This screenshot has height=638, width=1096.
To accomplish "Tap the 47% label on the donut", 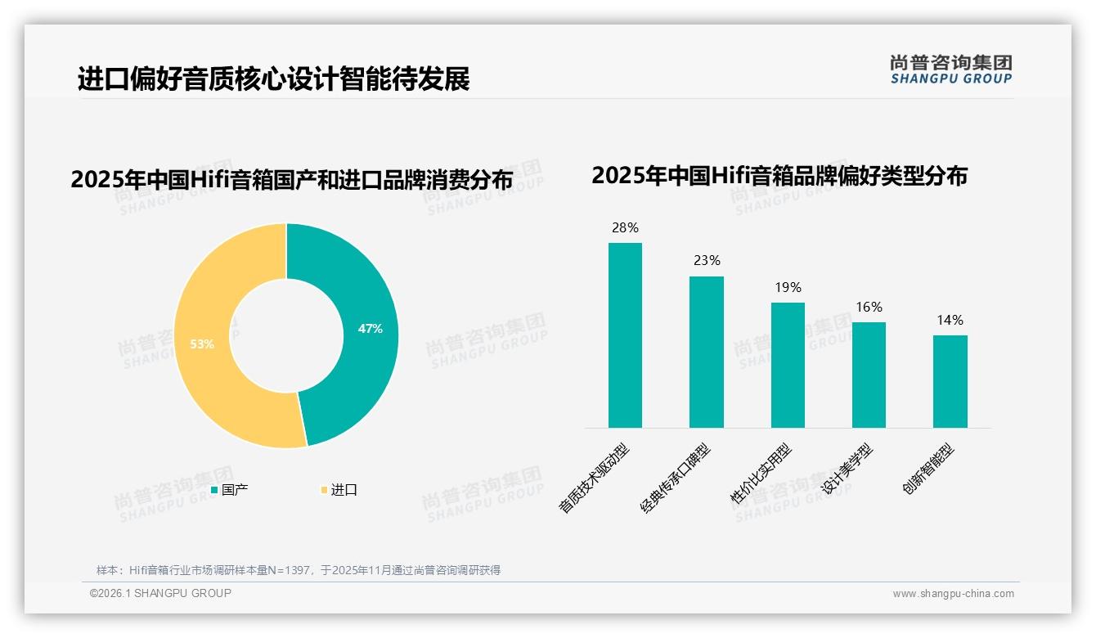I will [370, 329].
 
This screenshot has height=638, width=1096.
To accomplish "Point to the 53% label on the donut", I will [202, 344].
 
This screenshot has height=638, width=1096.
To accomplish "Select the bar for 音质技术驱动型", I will [625, 335].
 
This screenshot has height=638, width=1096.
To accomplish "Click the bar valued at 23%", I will [706, 352].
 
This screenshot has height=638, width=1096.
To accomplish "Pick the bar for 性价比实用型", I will [788, 365].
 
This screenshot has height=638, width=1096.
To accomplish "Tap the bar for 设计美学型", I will [869, 375].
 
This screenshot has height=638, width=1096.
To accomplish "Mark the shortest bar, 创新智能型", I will [950, 381].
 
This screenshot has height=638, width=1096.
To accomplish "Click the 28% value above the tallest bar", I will [625, 228].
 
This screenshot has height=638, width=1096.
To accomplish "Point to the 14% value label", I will [950, 321].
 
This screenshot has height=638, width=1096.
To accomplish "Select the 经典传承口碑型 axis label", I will [676, 478].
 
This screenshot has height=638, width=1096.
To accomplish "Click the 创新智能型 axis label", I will [928, 470].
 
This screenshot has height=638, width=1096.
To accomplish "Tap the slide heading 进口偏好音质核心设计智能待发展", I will [273, 79].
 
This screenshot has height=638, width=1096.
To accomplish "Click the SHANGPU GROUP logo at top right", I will [950, 70].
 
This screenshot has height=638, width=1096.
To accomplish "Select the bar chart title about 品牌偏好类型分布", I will [779, 176].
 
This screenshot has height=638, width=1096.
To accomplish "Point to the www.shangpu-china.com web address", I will [953, 594].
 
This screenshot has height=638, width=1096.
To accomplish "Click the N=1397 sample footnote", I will [299, 570].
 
